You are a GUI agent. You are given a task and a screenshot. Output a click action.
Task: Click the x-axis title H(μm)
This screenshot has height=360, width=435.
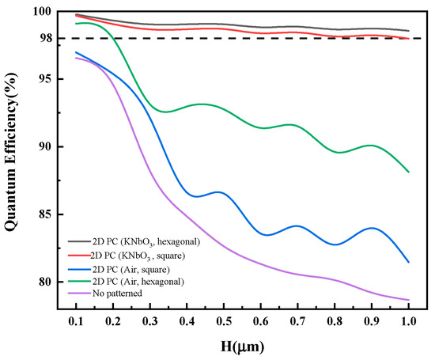tap(242, 346)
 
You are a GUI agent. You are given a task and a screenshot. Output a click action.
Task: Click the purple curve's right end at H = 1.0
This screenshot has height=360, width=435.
tap(408, 300)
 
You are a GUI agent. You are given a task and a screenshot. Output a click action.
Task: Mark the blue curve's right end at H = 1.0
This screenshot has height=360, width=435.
tap(408, 262)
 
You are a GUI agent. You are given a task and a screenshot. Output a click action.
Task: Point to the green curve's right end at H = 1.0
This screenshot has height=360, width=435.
tap(408, 172)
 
